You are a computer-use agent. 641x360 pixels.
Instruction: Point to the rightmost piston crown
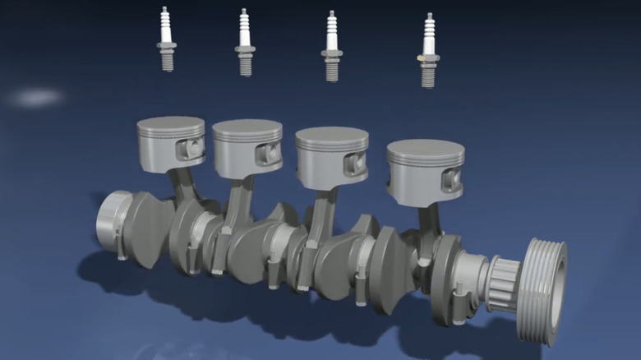[x=425, y=152]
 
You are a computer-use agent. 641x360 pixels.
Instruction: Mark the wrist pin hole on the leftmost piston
[x=194, y=148]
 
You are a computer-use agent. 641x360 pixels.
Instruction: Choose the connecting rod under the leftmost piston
[x=182, y=187]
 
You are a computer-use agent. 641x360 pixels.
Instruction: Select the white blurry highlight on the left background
[x=37, y=98]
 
